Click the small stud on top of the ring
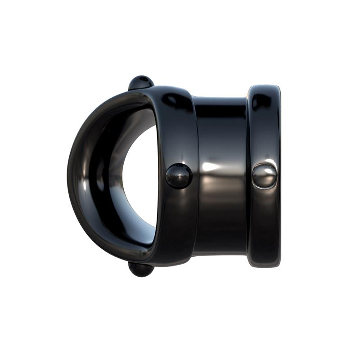(x=141, y=82)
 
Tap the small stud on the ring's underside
(x=141, y=269)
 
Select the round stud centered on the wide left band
(x=179, y=175)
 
